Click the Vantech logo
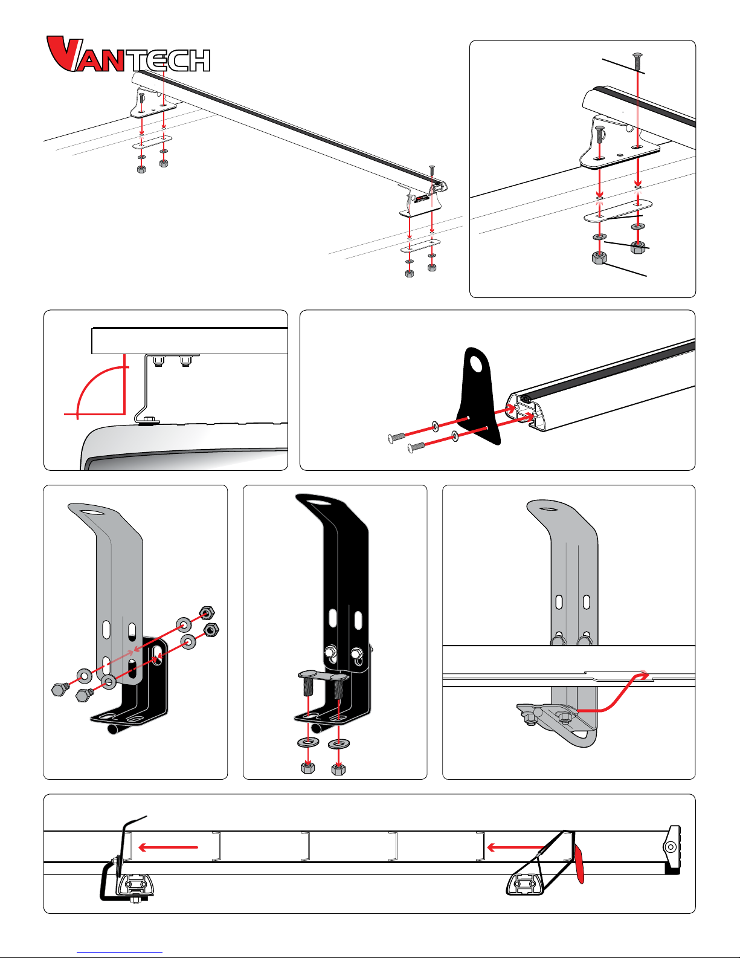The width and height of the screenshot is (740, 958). pyautogui.click(x=128, y=55)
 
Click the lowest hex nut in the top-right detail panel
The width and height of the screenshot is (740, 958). pyautogui.click(x=598, y=259)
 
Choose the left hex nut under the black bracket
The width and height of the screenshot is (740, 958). pyautogui.click(x=307, y=768)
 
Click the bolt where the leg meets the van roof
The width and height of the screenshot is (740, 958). pyautogui.click(x=149, y=420)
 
